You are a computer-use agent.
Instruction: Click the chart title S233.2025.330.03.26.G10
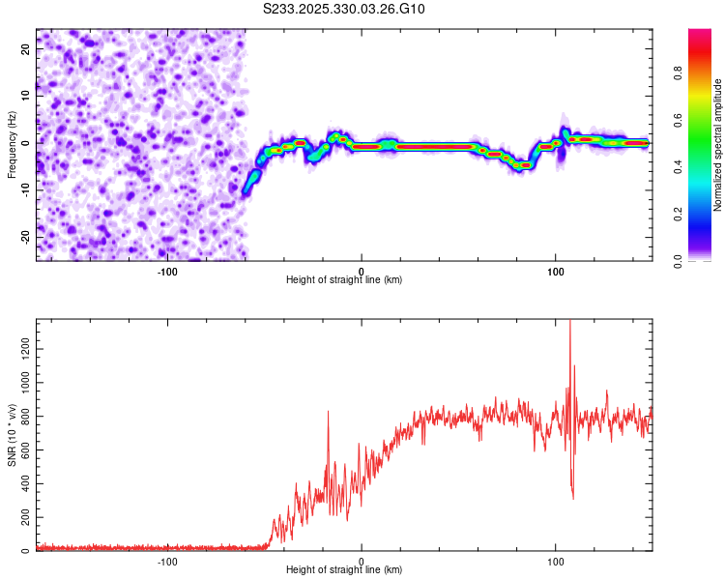coord(345,9)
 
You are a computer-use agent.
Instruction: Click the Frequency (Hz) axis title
coord(12,145)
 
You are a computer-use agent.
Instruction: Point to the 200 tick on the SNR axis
coord(23,517)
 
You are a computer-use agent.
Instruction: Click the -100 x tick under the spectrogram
coord(167,272)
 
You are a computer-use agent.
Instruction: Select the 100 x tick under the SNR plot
coord(556,562)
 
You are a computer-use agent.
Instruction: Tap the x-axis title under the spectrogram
coord(344,279)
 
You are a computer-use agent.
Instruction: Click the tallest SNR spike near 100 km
coord(569,322)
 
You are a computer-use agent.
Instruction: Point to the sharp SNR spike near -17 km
coord(328,412)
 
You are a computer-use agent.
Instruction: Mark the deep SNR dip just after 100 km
coord(573,498)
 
